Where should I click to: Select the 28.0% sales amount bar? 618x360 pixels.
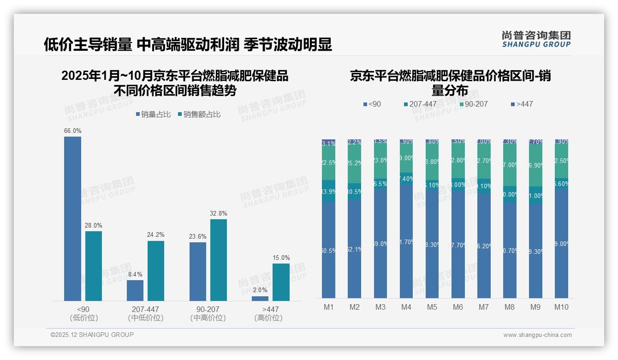pyautogui.click(x=94, y=266)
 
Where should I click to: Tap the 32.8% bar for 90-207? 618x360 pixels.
pyautogui.click(x=219, y=260)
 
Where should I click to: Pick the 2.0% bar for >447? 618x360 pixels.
pyautogui.click(x=260, y=299)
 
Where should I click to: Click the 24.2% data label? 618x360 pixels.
pyautogui.click(x=156, y=234)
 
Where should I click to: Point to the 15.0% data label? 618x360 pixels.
pyautogui.click(x=281, y=258)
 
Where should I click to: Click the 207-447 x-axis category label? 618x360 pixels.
pyautogui.click(x=146, y=309)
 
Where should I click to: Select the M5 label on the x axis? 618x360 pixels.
pyautogui.click(x=432, y=307)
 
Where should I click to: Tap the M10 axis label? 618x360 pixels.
pyautogui.click(x=561, y=307)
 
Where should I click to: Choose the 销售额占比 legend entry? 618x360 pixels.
pyautogui.click(x=199, y=114)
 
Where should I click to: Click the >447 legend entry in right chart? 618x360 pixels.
pyautogui.click(x=522, y=104)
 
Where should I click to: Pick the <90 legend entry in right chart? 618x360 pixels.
pyautogui.click(x=372, y=104)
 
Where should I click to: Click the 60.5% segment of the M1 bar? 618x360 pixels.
pyautogui.click(x=329, y=250)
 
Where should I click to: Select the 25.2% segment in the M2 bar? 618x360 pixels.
pyautogui.click(x=355, y=163)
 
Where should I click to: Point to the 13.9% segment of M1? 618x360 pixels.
pyautogui.click(x=329, y=191)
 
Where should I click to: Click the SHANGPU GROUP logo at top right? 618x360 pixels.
pyautogui.click(x=536, y=39)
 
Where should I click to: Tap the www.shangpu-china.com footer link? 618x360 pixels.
pyautogui.click(x=537, y=335)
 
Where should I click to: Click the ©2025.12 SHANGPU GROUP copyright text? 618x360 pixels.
pyautogui.click(x=92, y=335)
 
